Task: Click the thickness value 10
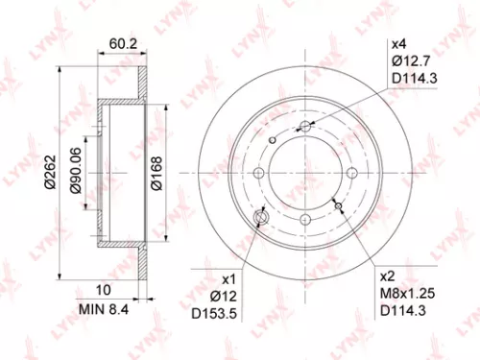106,290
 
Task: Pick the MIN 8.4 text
105,308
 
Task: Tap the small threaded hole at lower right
337,204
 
